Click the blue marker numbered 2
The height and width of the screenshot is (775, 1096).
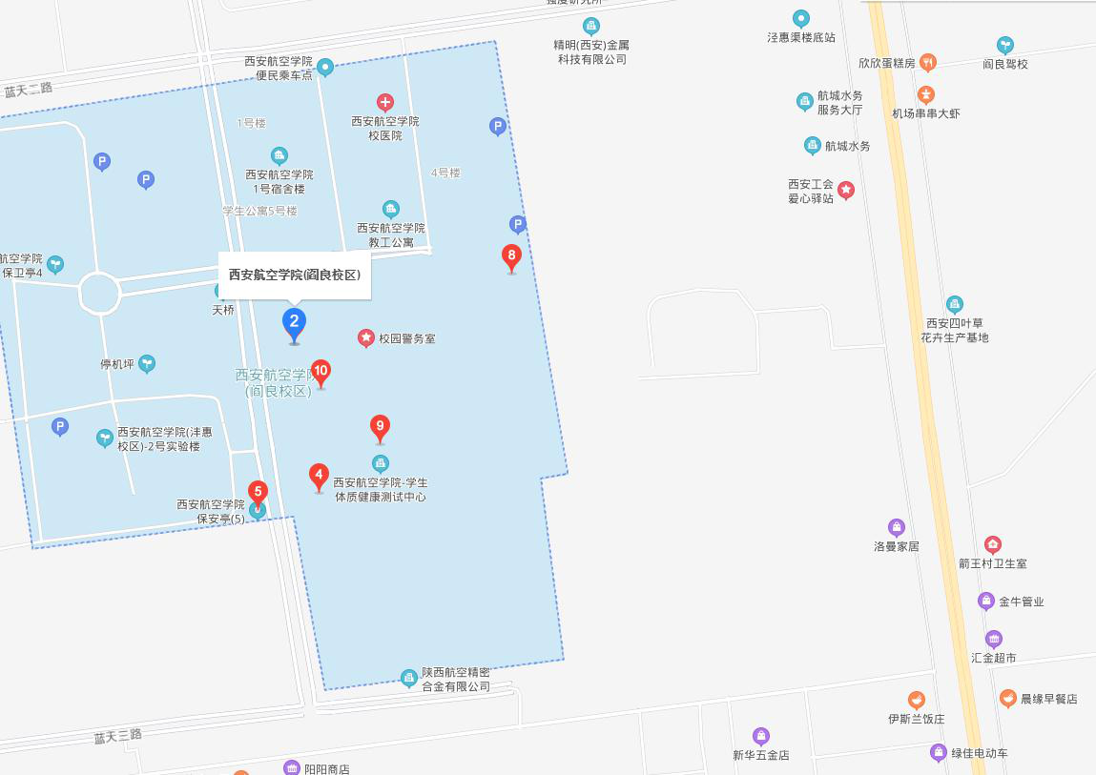point(294,322)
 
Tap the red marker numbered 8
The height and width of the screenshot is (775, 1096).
point(511,255)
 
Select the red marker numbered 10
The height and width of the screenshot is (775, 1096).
point(321,371)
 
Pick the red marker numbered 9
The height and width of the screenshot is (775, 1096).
point(380,426)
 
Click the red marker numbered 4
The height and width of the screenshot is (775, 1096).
point(319,474)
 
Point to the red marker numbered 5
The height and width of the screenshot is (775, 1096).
point(258,492)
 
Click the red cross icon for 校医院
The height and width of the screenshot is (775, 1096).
point(384,102)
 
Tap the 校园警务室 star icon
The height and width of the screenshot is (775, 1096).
point(366,337)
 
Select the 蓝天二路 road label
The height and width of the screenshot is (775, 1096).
point(29,90)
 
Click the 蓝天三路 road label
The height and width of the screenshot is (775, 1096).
point(117,736)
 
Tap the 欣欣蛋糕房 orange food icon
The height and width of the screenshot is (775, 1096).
point(927,63)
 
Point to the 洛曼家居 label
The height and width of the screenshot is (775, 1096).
point(897,546)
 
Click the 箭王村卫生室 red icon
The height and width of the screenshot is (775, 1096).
point(993,545)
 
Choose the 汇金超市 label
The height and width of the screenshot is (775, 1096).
point(994,658)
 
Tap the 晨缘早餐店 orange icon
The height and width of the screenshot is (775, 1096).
point(1008,699)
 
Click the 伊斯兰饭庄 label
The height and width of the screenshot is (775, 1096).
point(916,719)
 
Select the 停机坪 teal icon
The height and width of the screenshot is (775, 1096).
point(147,363)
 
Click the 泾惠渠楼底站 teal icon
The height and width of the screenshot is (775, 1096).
point(801,18)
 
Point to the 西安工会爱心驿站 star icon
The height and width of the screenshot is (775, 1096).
point(846,190)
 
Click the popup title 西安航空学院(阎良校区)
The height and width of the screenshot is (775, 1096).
point(294,275)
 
